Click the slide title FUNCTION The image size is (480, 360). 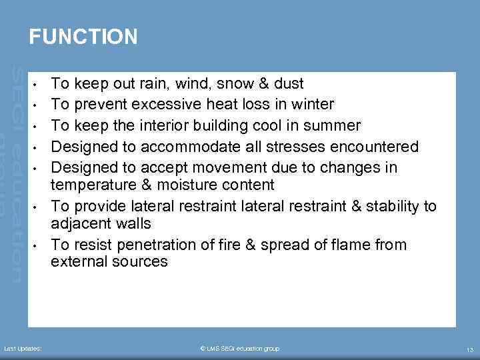tap(83, 37)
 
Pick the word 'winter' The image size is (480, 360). tap(312, 105)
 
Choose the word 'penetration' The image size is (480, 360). tap(155, 245)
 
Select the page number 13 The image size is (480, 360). tap(469, 349)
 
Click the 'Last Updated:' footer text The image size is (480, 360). tap(23, 349)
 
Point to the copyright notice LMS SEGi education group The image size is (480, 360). tap(240, 349)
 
